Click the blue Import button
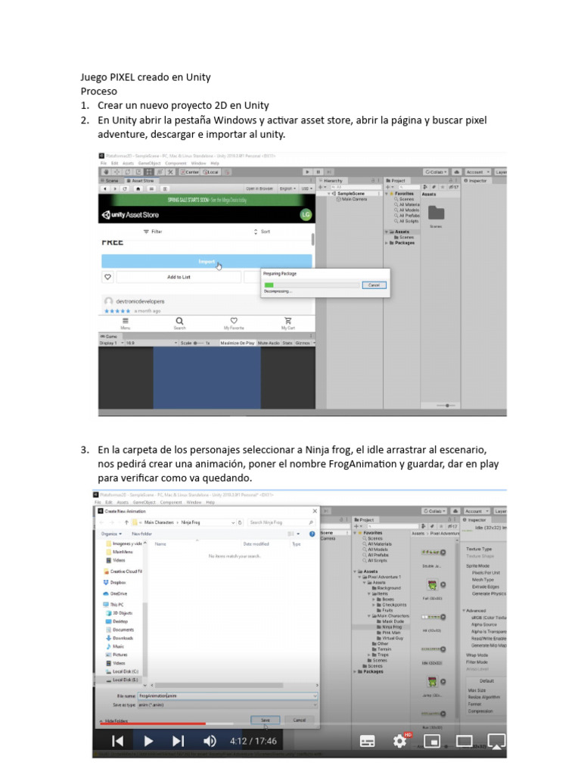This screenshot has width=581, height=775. (207, 262)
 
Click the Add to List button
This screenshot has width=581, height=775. (179, 277)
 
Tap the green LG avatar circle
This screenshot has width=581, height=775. (306, 215)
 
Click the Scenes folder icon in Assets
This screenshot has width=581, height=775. (436, 213)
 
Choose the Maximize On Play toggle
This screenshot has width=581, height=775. (237, 343)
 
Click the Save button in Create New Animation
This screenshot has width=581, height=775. (265, 720)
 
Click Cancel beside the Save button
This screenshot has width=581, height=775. (299, 720)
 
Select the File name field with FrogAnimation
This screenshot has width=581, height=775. (227, 695)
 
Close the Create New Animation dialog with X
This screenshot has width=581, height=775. (315, 512)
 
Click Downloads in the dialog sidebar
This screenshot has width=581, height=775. (123, 638)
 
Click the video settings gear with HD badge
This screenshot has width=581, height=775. (400, 740)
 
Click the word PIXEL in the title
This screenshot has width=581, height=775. (126, 77)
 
